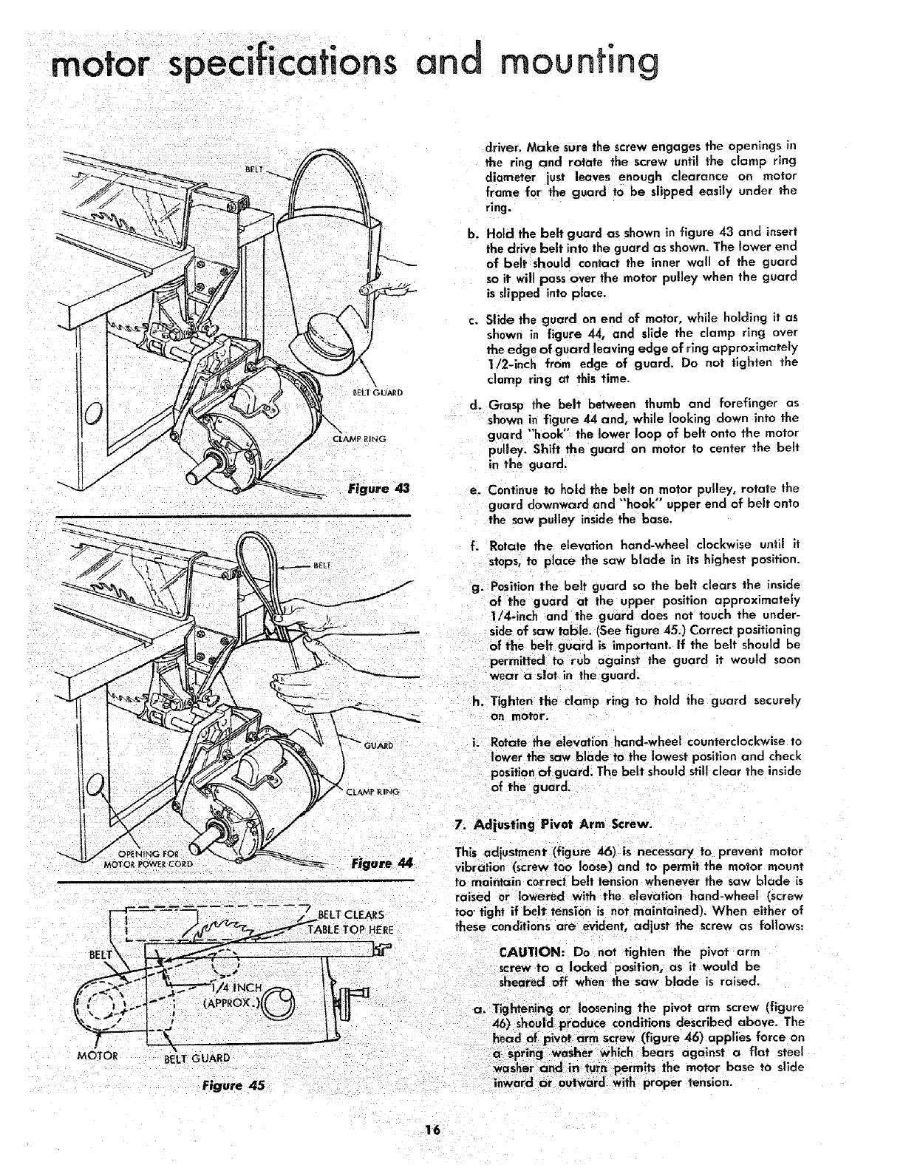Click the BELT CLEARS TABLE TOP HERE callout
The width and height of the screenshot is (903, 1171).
point(360,923)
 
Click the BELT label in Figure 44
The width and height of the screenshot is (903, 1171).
point(323,566)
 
